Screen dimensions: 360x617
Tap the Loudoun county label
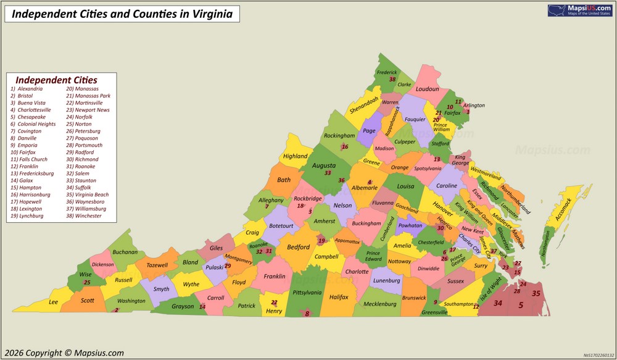(427, 89)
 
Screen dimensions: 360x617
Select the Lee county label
(54, 302)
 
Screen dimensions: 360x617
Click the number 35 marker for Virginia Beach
(536, 293)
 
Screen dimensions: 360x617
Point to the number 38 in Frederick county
(392, 79)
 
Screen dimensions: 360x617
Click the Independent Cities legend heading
(56, 80)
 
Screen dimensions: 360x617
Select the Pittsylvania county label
(307, 292)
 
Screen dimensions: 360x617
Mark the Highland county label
(295, 156)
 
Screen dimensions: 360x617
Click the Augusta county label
(324, 165)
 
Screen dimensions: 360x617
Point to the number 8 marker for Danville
(307, 314)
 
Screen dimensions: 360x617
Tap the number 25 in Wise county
(87, 282)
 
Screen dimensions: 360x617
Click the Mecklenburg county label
(380, 304)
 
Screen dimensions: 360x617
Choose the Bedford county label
(299, 247)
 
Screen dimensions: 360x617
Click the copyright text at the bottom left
(64, 353)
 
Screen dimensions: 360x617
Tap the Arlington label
(474, 106)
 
